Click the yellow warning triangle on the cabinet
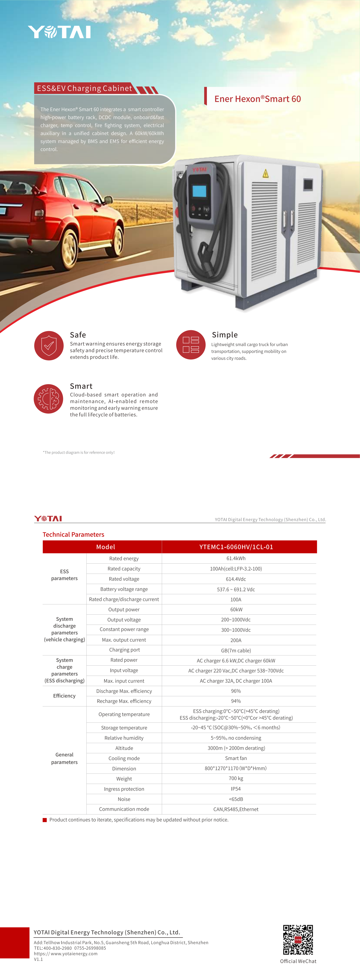tap(266, 174)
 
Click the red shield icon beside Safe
tap(49, 346)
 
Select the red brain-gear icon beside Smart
tap(49, 399)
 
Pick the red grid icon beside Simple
tap(191, 345)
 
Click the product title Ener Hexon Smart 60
tap(257, 99)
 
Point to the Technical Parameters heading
tap(73, 534)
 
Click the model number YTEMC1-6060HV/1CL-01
tap(236, 547)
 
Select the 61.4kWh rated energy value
tap(236, 558)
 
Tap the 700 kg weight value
tap(236, 778)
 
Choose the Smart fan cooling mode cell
tap(236, 758)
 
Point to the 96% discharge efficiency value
tap(236, 691)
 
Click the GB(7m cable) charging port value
tap(236, 650)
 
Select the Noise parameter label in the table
tap(124, 799)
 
